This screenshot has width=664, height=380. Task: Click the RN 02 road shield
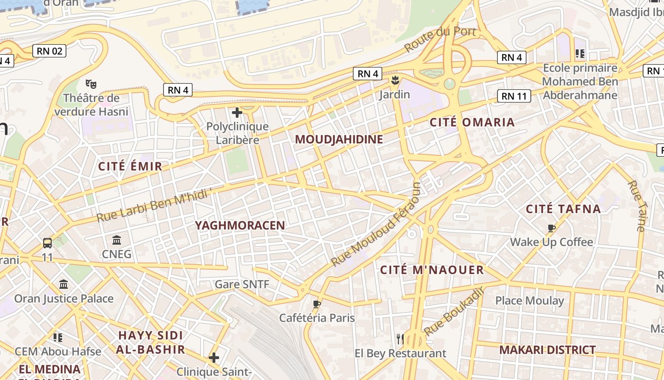click(x=49, y=51)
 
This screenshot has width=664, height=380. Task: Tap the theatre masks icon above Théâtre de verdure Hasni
click(x=91, y=84)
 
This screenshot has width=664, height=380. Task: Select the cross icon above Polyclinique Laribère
click(x=237, y=113)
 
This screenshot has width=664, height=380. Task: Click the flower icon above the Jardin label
click(x=395, y=80)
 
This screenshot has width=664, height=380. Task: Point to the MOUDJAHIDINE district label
click(x=339, y=140)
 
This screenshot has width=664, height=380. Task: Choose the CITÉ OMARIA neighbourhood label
click(x=472, y=123)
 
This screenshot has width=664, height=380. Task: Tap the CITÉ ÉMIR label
click(x=130, y=166)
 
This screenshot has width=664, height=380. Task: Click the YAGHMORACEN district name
click(x=240, y=226)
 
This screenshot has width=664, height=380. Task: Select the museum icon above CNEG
click(x=117, y=240)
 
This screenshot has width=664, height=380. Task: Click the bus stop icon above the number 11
click(x=47, y=243)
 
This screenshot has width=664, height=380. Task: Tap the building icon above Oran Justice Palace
click(x=64, y=284)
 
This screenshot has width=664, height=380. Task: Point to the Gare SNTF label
click(x=242, y=285)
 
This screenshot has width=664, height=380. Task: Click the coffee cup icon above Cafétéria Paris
click(x=317, y=304)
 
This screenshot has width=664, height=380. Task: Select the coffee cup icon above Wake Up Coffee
click(x=551, y=228)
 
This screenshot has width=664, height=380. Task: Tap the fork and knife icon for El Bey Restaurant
click(x=400, y=339)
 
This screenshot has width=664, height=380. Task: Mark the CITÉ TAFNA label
click(x=563, y=209)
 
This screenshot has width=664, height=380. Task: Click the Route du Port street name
click(x=440, y=39)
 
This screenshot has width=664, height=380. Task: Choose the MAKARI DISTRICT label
click(x=547, y=350)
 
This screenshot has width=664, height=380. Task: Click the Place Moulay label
click(x=529, y=301)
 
